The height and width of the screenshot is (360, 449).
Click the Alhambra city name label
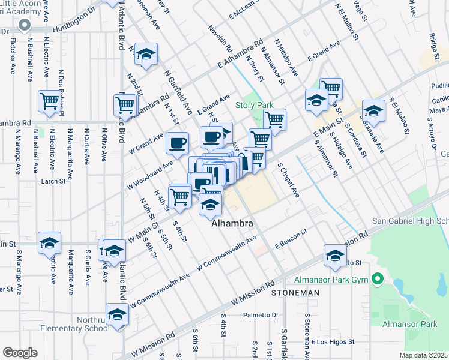(x=232, y=223)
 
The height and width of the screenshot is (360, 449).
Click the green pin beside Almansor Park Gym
(x=377, y=280)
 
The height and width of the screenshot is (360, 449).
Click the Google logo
(x=20, y=353)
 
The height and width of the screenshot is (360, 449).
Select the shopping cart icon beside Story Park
(x=274, y=119)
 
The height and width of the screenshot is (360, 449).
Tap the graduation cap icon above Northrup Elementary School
(x=118, y=314)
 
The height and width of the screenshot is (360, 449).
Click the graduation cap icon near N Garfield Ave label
(x=145, y=54)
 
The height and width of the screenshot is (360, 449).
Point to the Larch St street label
(x=52, y=181)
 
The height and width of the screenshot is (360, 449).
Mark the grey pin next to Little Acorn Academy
(x=25, y=25)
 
